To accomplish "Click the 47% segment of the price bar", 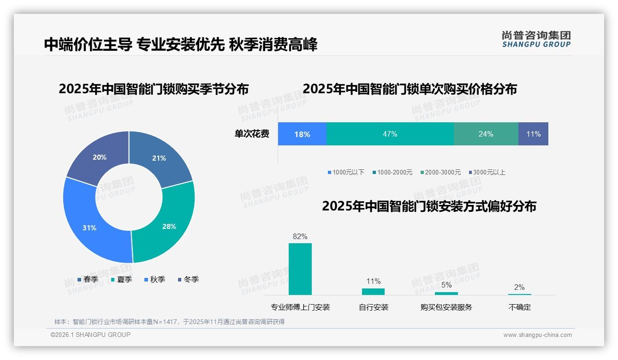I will (x=390, y=134).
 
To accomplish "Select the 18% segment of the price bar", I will (x=302, y=134).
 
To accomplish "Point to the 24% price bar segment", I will (x=486, y=134).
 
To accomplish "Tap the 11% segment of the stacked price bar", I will (x=533, y=134).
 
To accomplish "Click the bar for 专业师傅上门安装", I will (x=300, y=269).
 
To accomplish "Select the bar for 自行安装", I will (x=373, y=291).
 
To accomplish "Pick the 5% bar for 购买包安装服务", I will (x=446, y=293).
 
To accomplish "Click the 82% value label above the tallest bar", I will (x=300, y=236).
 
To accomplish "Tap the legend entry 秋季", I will (x=154, y=279).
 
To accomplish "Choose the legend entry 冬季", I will (x=188, y=279).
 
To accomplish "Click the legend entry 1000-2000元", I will (x=392, y=172).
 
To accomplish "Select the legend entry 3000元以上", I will (x=487, y=172).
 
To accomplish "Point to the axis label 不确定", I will (x=519, y=307).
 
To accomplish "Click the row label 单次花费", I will (x=252, y=134).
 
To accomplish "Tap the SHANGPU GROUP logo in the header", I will (x=536, y=39).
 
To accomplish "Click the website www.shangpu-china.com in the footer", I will (x=537, y=335).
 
